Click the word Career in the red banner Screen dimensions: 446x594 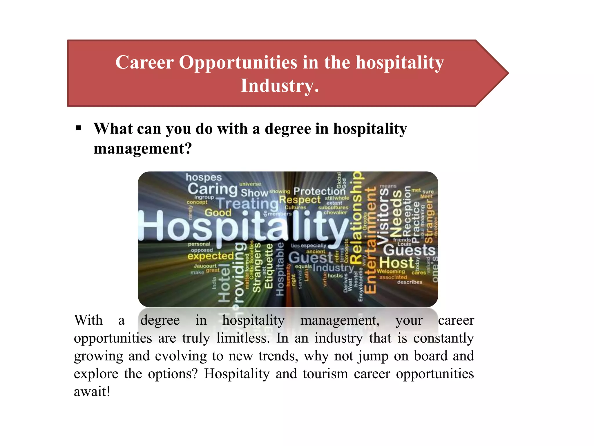144,62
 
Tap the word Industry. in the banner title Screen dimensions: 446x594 280,86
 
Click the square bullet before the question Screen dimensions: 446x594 78,128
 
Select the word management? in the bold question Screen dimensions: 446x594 143,148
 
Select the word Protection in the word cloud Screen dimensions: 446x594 319,191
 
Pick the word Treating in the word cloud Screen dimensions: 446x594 247,203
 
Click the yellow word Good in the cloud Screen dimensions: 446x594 218,213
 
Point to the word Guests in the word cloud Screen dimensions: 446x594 409,250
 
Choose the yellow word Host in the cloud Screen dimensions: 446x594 396,263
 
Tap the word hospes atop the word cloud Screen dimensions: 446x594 204,177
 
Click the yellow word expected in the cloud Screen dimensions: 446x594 211,256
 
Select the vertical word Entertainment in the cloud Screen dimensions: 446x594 370,240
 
